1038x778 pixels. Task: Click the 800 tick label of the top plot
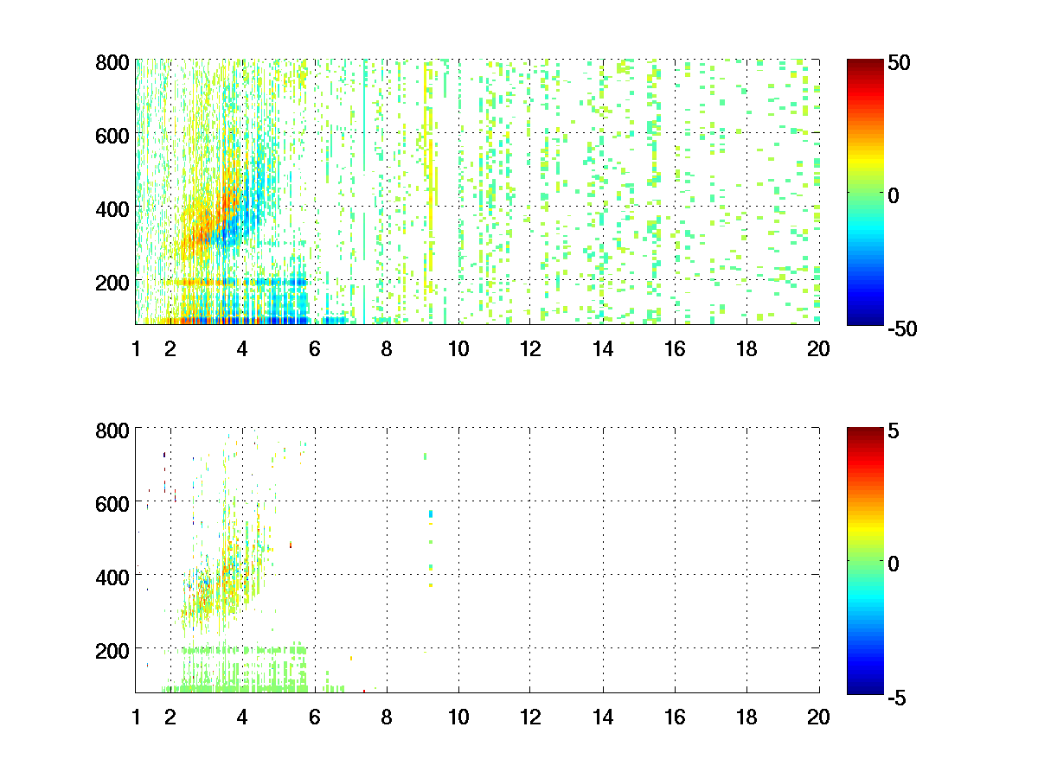(112, 63)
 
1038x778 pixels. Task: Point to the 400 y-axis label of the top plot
(112, 209)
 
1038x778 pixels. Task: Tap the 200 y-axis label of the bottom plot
(112, 649)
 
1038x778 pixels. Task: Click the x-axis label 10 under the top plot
(458, 349)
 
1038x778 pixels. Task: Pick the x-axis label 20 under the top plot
(818, 349)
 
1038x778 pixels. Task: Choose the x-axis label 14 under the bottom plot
(602, 717)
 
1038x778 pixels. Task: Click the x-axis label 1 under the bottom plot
(136, 717)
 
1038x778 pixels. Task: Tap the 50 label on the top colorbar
(899, 63)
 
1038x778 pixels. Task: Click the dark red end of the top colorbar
(864, 63)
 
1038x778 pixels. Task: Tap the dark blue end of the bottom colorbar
(864, 689)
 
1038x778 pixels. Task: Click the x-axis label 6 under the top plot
(314, 349)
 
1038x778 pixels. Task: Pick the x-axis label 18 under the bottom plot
(746, 717)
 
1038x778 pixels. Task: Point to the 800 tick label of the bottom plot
(112, 430)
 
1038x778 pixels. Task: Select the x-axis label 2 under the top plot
(170, 349)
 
